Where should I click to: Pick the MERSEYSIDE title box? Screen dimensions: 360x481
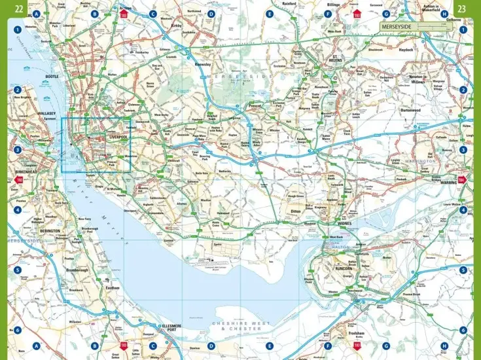click(415, 27)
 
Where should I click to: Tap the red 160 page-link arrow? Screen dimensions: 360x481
click(19, 179)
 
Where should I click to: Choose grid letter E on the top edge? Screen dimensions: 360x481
click(269, 14)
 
